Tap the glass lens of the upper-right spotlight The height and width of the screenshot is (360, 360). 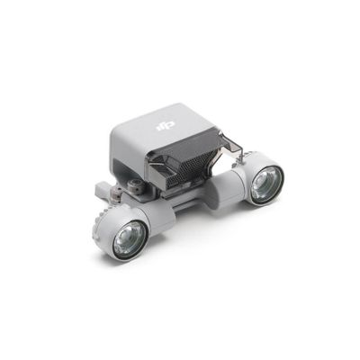(264, 184)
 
